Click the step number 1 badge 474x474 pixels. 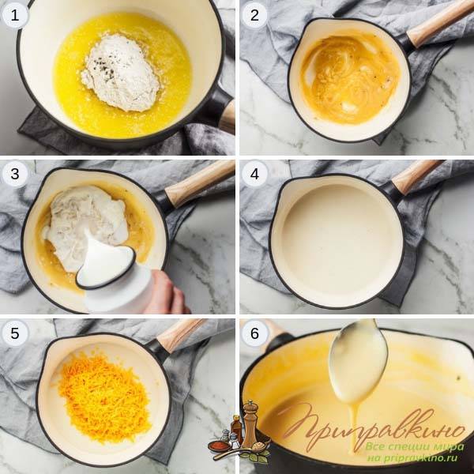14,15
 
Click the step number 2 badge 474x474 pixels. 254,15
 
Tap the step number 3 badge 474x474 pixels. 14,174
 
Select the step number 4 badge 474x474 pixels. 254,174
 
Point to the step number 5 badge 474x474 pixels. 14,333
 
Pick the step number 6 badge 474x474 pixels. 254,333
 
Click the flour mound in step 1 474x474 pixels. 122,73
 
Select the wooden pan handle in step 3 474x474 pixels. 200,183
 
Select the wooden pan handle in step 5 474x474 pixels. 182,334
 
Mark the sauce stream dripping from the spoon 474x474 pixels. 353,429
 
